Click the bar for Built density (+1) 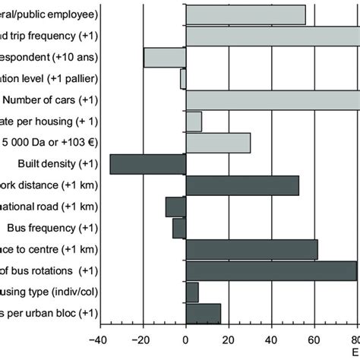coord(147,164)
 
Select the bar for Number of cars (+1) coord(272,100)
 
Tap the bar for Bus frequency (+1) coord(179,228)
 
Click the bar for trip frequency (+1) coord(272,36)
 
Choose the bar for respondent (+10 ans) coord(165,58)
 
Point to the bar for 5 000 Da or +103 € coord(218,143)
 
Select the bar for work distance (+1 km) coord(242,185)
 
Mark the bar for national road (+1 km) coord(175,207)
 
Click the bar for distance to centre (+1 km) coord(251,249)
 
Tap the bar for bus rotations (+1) coord(271,270)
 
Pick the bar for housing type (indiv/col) coord(192,292)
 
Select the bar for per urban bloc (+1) coord(204,313)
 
